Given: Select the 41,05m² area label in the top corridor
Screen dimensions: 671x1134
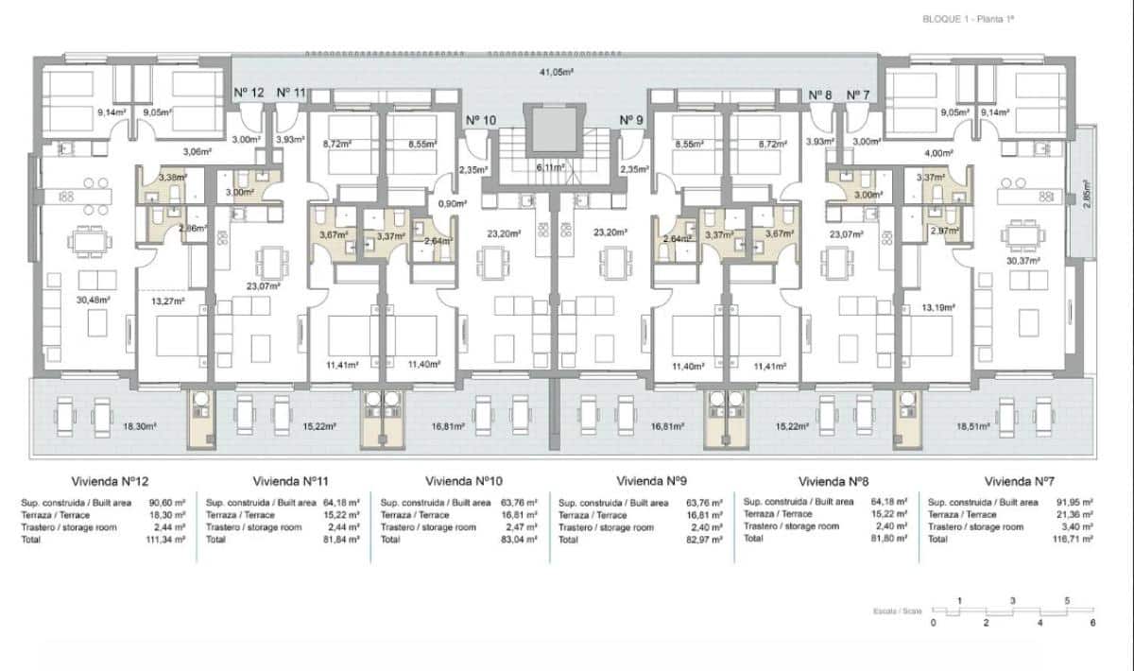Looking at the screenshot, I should (558, 72).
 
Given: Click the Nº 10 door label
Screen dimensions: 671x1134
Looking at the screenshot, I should (481, 120).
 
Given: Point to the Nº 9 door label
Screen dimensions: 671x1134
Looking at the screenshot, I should (631, 120).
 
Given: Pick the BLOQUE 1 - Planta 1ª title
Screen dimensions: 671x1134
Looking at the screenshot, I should (973, 19).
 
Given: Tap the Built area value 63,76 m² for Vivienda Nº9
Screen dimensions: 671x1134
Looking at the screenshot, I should (704, 503).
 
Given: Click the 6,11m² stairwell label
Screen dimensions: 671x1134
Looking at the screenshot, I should (550, 166).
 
